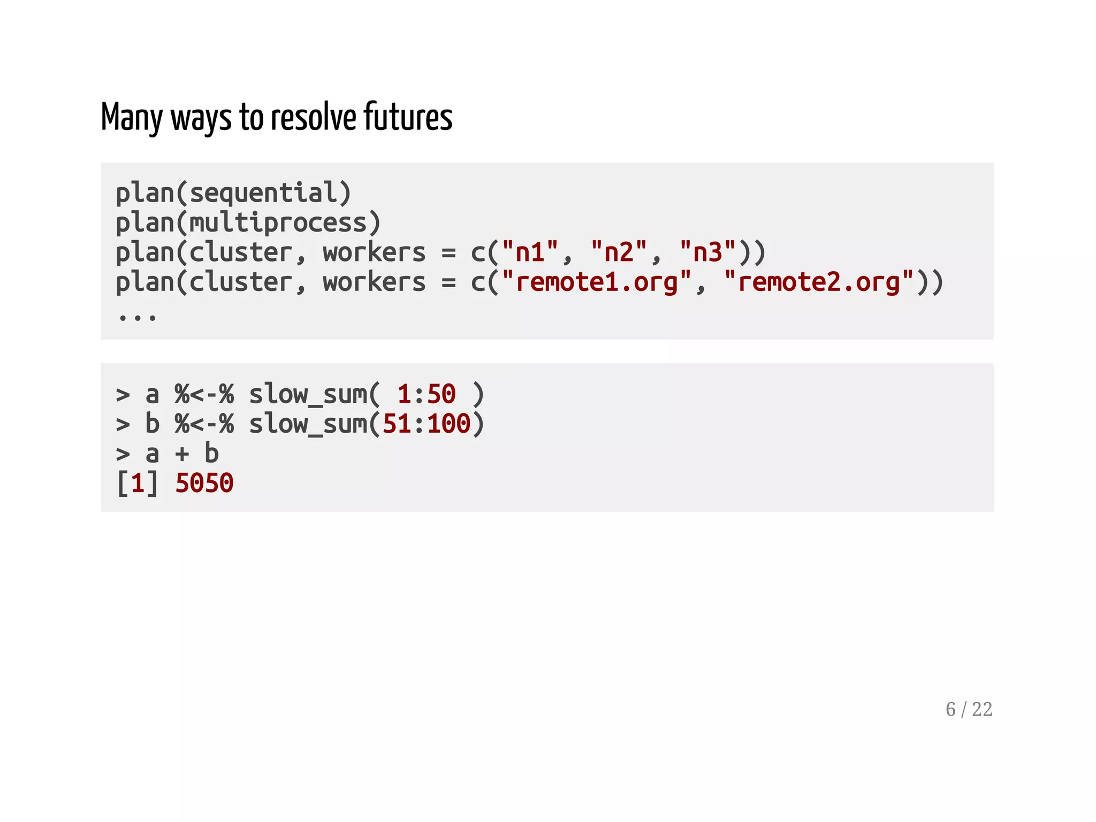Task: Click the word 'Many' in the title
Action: (x=132, y=118)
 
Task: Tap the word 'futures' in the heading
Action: (x=408, y=117)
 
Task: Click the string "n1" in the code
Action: (x=530, y=252)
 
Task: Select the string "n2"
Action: (x=619, y=252)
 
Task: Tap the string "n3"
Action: (x=707, y=252)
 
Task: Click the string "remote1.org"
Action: (x=597, y=282)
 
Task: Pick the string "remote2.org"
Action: (x=819, y=282)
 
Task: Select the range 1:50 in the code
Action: (x=426, y=395)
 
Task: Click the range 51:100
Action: (x=426, y=424)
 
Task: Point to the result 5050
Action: (x=204, y=483)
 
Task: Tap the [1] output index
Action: (x=138, y=483)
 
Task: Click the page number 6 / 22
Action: (x=969, y=710)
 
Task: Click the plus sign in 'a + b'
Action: (x=182, y=454)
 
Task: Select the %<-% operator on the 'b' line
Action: (x=204, y=424)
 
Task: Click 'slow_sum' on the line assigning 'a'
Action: (x=308, y=395)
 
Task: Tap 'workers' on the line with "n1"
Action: (x=374, y=252)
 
